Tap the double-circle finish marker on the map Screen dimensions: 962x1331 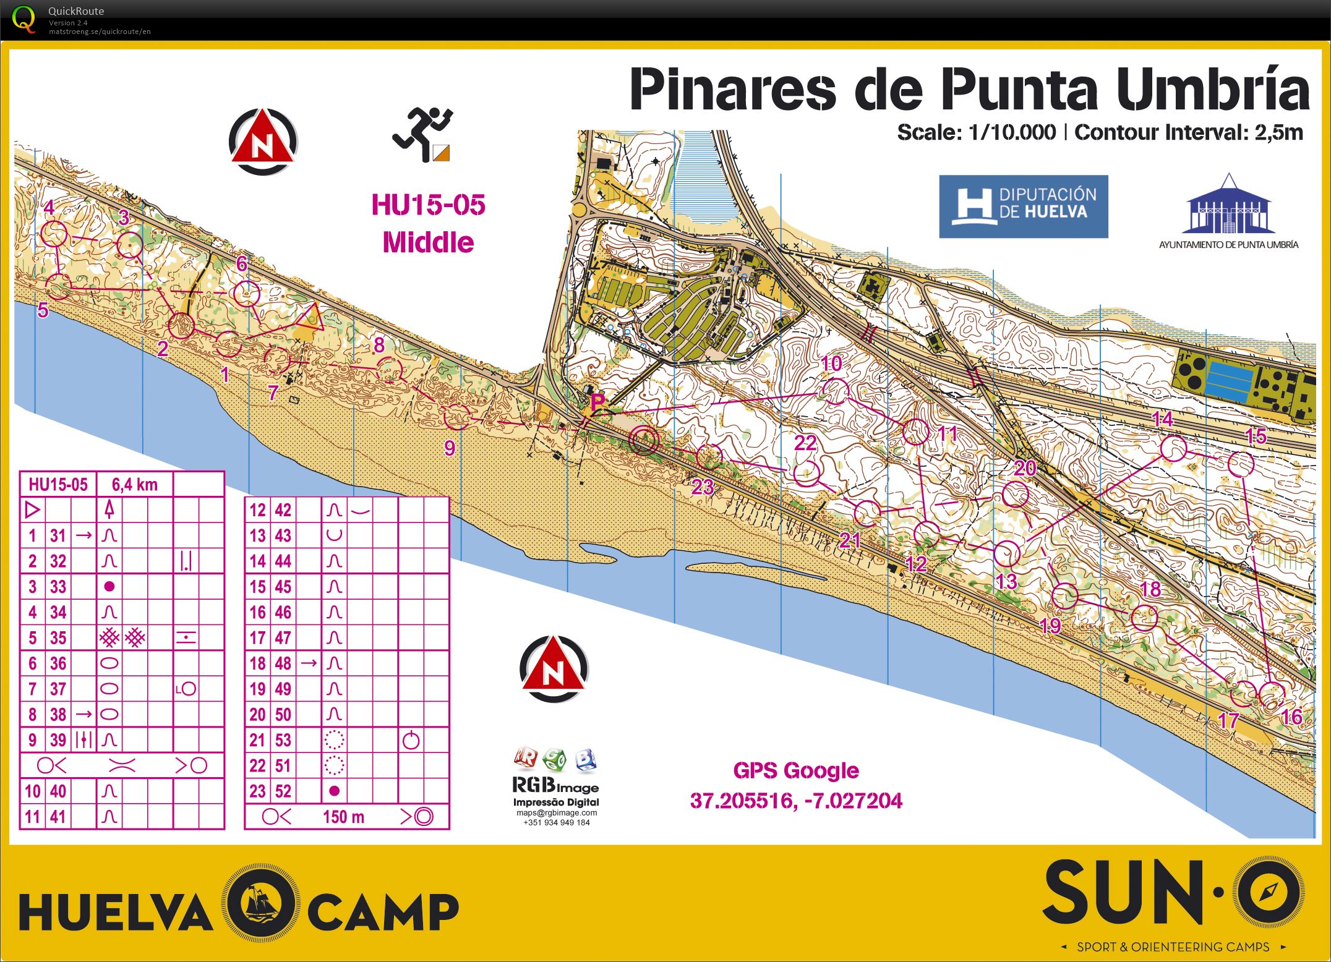(x=643, y=440)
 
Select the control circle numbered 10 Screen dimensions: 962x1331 (x=834, y=391)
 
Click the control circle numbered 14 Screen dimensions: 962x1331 (x=1173, y=448)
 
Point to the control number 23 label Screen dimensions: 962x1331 (x=703, y=487)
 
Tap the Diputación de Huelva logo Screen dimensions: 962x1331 (x=1023, y=206)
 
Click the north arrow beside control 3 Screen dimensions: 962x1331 (x=263, y=142)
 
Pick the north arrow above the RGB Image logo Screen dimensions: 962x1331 (x=554, y=668)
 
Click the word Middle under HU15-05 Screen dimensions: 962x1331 (x=428, y=242)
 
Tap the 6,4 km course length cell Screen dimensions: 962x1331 (x=135, y=484)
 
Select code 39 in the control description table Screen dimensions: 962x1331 (x=58, y=740)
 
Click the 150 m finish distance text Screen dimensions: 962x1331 (x=343, y=817)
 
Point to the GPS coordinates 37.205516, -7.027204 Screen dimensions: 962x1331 (x=796, y=801)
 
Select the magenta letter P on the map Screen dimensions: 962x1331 (x=597, y=402)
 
